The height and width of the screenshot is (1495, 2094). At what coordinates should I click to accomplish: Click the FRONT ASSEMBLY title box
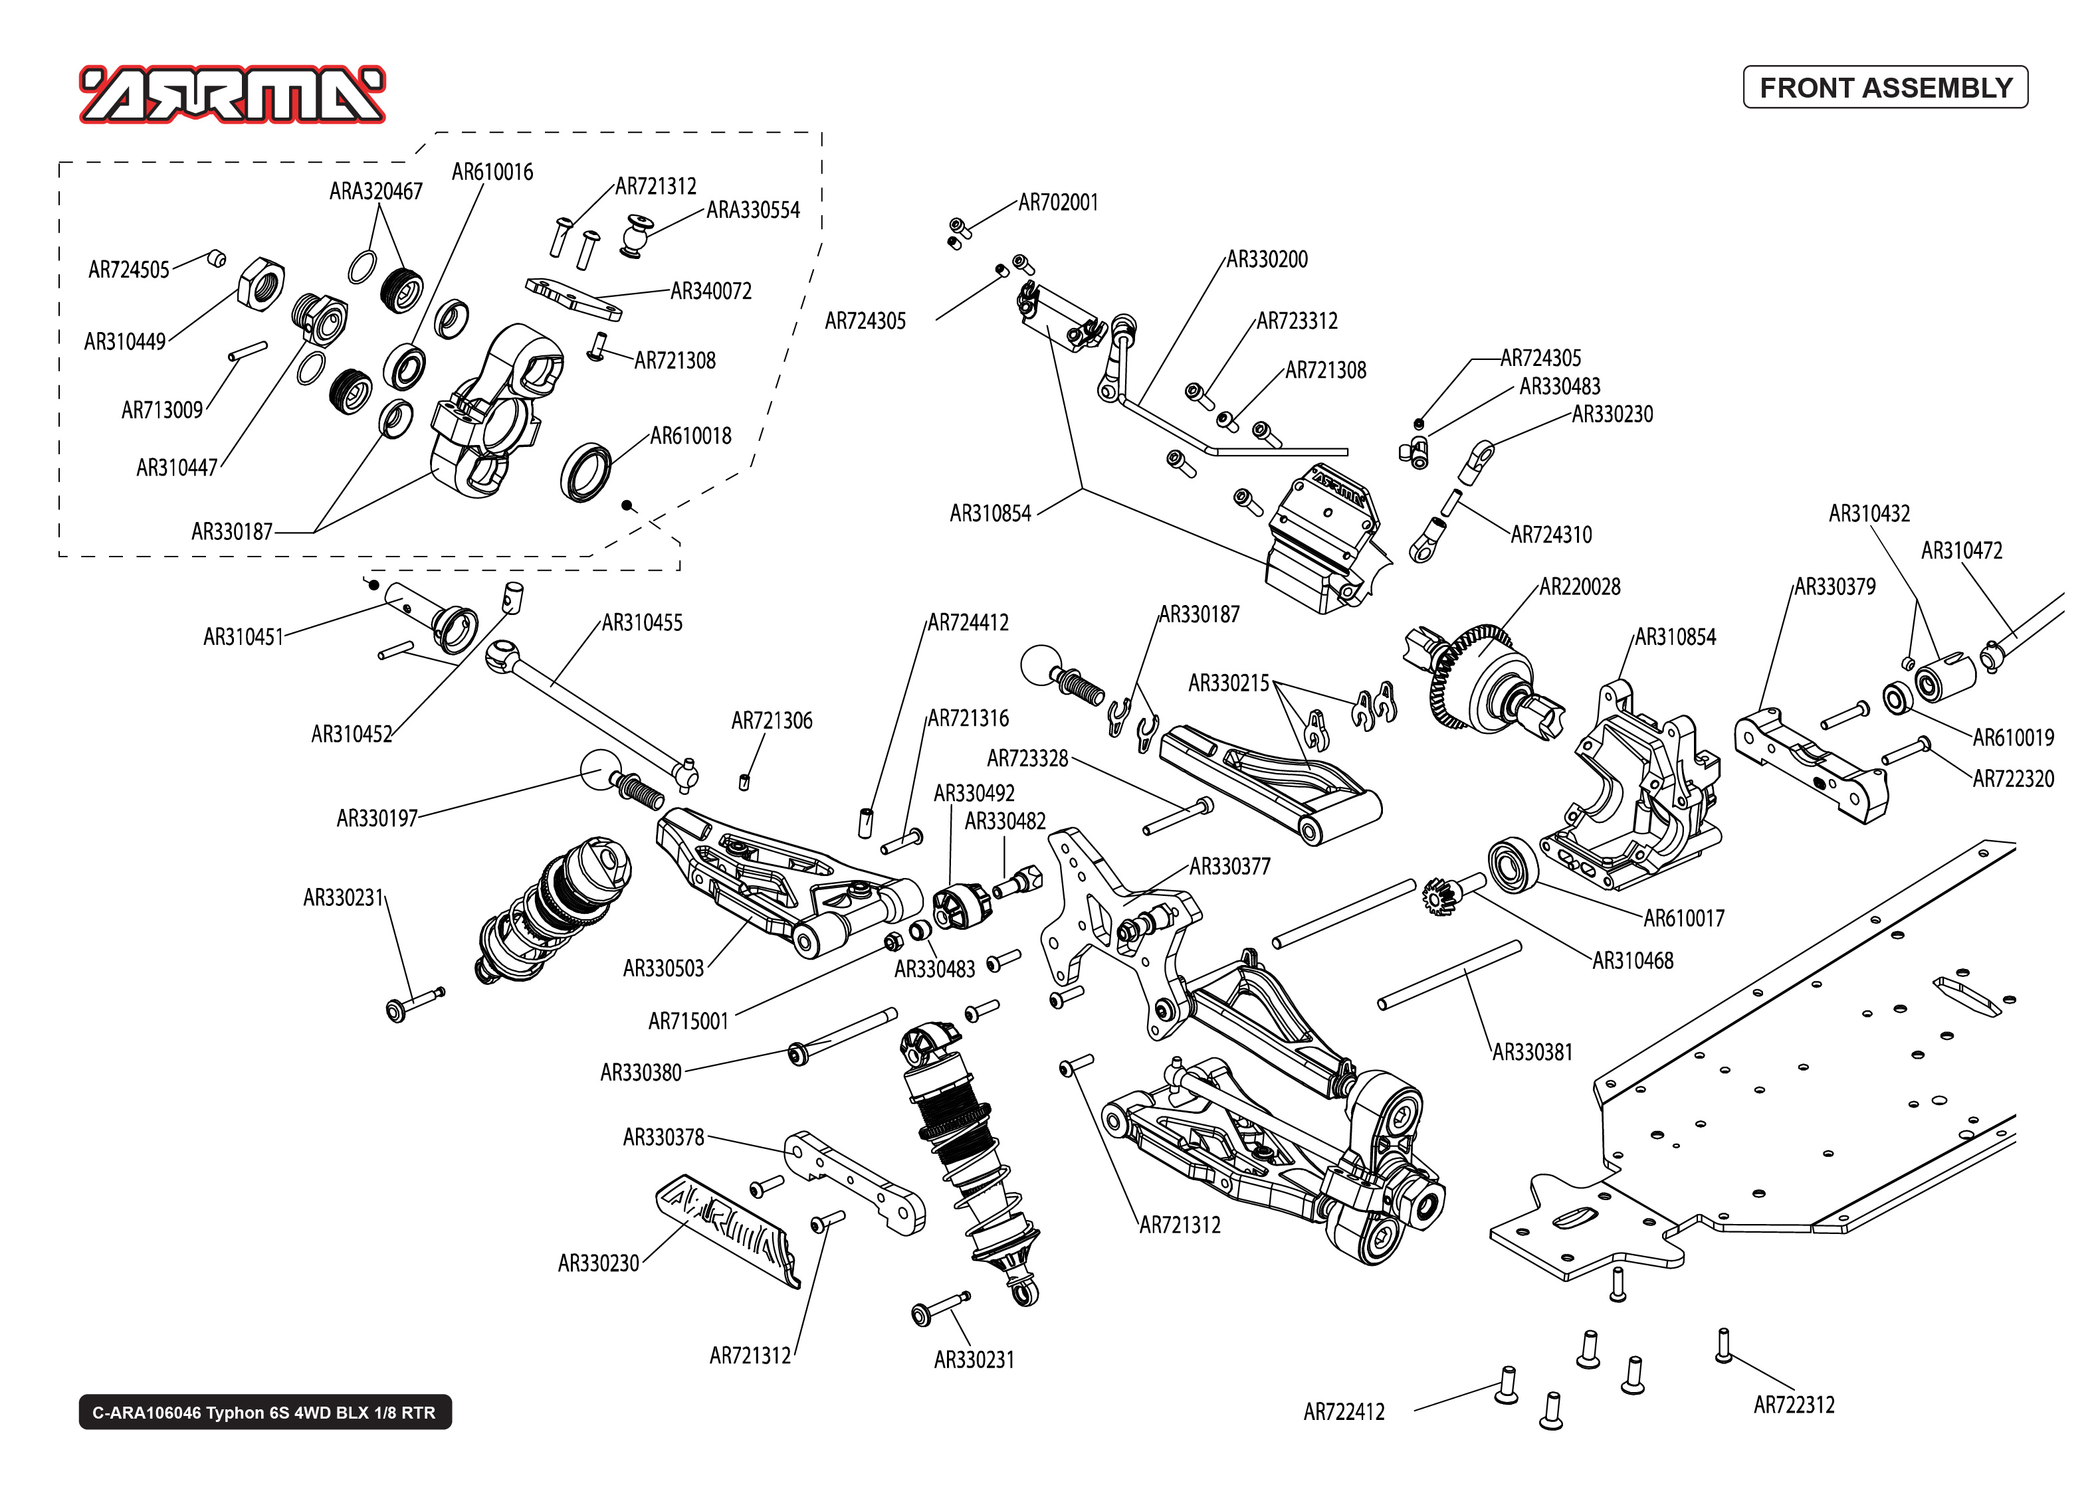[1884, 88]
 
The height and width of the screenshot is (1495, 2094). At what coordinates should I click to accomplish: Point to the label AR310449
[124, 341]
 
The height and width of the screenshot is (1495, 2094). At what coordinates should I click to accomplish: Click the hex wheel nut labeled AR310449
[261, 282]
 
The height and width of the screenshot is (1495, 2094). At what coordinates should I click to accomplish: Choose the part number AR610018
[690, 436]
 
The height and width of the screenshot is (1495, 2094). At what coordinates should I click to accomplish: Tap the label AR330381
[1532, 1052]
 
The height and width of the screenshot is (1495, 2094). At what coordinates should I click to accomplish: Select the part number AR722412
[1344, 1412]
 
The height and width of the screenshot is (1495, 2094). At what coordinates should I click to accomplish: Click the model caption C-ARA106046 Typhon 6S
[264, 1412]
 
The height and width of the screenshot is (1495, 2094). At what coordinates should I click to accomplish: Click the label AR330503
[663, 968]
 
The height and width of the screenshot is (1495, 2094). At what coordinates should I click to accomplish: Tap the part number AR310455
[642, 623]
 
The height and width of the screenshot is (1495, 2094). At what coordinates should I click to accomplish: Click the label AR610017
[1683, 918]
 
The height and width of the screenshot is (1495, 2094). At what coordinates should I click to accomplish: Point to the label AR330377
[1229, 866]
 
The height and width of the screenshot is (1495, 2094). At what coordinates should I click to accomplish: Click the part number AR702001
[1058, 203]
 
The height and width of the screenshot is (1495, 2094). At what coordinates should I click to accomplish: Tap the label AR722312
[1794, 1406]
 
